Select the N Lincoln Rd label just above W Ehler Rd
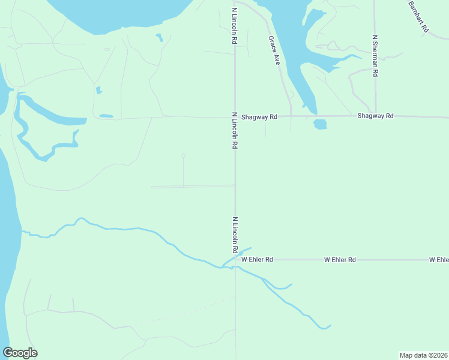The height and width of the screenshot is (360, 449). (x=235, y=235)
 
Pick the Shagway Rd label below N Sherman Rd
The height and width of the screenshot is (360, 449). (x=375, y=115)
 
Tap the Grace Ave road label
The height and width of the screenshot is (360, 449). (x=274, y=50)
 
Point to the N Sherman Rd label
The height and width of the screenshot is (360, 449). (x=375, y=55)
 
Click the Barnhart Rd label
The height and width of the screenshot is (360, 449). (x=418, y=16)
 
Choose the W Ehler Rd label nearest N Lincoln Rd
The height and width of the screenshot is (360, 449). (x=258, y=260)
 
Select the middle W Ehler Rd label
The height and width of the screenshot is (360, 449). (x=340, y=260)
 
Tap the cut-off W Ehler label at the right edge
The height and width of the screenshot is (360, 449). (x=439, y=260)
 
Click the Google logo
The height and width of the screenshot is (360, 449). (x=20, y=353)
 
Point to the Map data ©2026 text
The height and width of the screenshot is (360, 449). (x=424, y=355)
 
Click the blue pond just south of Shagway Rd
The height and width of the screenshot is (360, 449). (x=320, y=124)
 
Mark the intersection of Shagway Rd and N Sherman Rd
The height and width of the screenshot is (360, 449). (x=376, y=116)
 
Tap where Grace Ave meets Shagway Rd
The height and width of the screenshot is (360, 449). (x=291, y=116)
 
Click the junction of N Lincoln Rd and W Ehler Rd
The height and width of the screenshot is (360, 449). (x=235, y=260)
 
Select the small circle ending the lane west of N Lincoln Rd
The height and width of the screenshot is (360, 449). (x=184, y=155)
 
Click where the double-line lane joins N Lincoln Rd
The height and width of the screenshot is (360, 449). (x=235, y=186)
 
